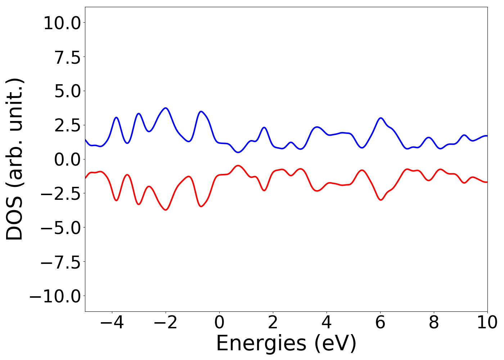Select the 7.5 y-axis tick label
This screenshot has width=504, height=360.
click(x=68, y=58)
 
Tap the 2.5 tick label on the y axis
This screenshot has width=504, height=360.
click(x=68, y=126)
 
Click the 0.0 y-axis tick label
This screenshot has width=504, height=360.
click(x=68, y=159)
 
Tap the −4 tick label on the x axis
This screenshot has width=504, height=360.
click(x=112, y=323)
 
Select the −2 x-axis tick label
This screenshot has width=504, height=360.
click(x=166, y=323)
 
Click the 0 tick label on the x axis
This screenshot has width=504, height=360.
click(x=219, y=323)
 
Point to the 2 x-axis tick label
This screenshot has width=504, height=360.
click(x=273, y=323)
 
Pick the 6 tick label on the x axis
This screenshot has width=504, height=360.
click(x=380, y=323)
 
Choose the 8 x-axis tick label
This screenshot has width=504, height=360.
click(x=434, y=323)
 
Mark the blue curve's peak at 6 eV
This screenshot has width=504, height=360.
click(x=381, y=118)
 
